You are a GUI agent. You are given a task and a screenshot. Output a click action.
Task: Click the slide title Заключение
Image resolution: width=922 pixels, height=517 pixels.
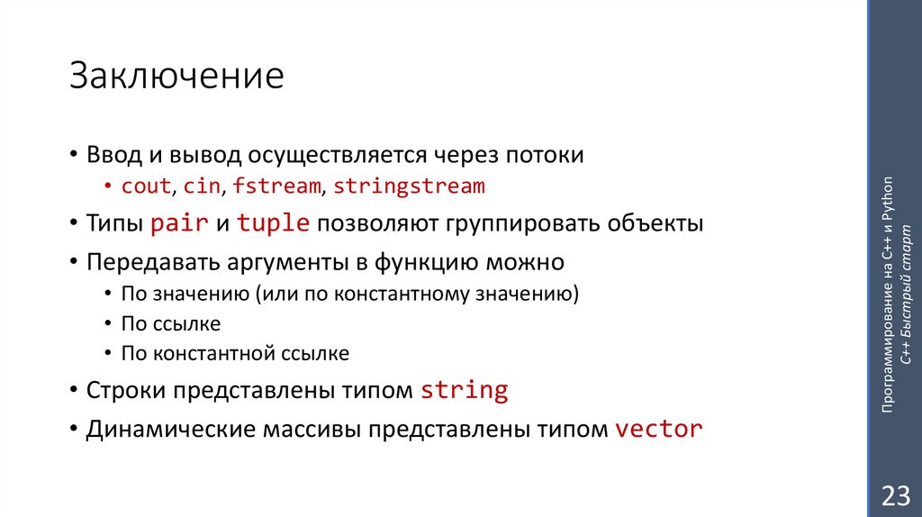point(176,77)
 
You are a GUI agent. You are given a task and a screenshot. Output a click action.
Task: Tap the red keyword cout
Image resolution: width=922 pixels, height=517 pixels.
point(146,186)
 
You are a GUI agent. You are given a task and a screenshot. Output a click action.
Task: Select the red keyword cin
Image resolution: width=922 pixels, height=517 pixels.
point(203,186)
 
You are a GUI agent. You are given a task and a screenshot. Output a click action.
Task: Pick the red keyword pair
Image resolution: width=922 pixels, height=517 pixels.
point(179,224)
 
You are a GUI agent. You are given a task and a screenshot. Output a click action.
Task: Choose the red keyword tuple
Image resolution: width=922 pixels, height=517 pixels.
point(273,224)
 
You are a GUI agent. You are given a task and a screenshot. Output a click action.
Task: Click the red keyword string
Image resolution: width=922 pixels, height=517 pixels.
point(465,391)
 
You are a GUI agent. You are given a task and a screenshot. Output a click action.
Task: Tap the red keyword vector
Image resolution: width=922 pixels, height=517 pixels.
point(658,429)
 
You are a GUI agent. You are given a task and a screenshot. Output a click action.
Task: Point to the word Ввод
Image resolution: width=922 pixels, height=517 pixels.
point(112,155)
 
